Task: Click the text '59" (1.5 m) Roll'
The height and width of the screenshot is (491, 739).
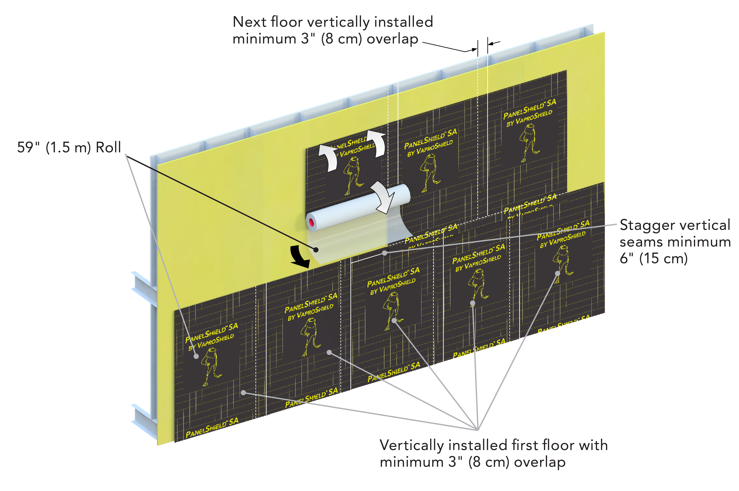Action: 69,147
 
